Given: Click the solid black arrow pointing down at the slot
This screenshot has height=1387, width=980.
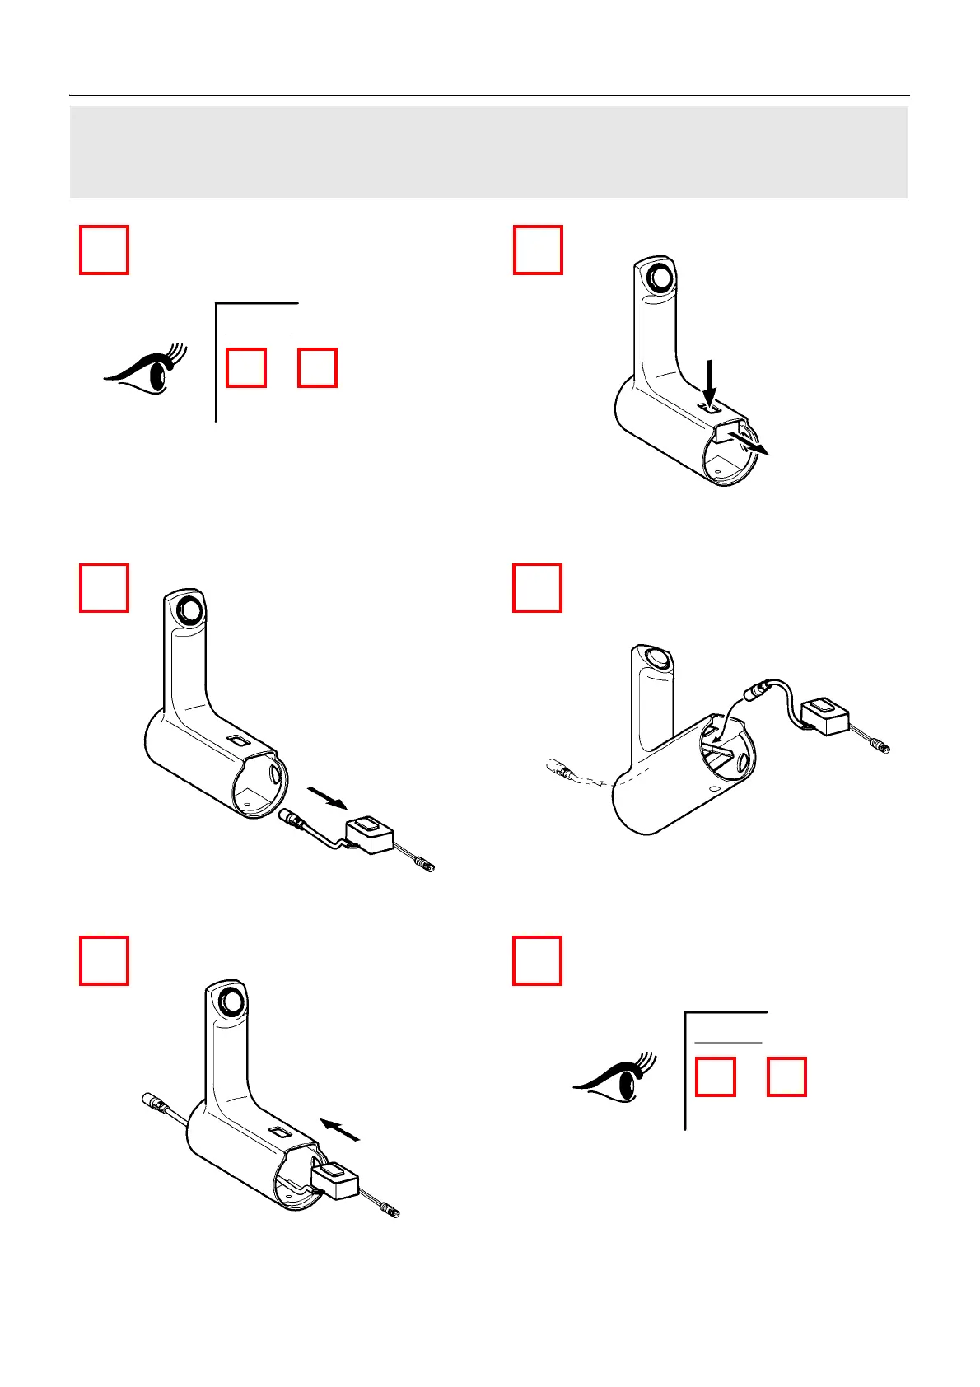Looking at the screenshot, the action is (710, 379).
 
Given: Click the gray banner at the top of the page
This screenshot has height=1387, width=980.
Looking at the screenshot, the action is (489, 152).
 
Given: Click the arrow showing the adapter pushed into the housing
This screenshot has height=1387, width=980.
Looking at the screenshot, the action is (340, 1129).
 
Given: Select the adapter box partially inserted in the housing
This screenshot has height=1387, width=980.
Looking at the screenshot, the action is (336, 1179).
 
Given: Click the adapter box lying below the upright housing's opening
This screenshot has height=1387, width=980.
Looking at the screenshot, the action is (369, 834).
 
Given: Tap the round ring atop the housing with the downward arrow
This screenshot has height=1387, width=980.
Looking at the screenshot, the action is (658, 276).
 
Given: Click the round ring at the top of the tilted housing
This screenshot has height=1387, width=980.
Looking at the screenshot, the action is (656, 659).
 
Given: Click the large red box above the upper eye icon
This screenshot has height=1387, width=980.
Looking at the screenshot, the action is (104, 250).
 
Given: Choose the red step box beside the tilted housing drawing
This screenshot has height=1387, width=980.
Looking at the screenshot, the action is (537, 588).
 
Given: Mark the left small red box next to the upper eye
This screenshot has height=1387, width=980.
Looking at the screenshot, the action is (245, 367).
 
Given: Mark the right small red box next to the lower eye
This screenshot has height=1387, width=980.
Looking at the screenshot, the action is (786, 1076).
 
